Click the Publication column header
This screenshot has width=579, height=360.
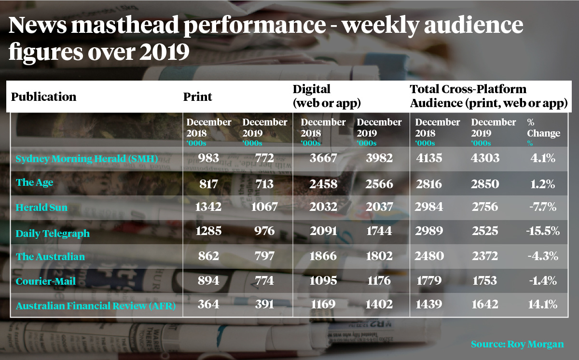44,97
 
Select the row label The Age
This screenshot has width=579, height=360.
34,182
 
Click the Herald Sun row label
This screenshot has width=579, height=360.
41,208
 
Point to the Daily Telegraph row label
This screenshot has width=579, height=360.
53,234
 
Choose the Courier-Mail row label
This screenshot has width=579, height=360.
46,281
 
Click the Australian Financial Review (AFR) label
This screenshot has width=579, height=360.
96,306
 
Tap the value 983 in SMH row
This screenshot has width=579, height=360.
208,158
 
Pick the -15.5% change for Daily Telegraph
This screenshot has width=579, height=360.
543,231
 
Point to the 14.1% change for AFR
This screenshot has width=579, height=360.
543,305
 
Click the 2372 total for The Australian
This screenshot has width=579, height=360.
484,256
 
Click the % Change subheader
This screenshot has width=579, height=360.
544,128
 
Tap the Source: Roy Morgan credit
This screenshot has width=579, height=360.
517,344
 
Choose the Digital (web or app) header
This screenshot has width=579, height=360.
327,96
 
